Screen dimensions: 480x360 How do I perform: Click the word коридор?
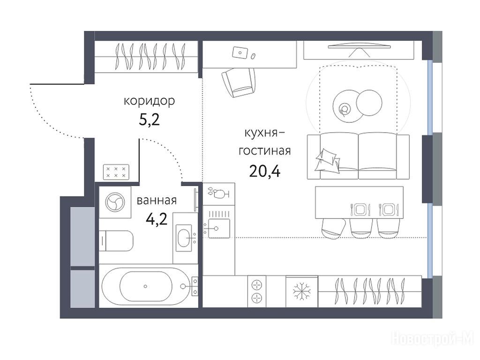[x=149, y=101]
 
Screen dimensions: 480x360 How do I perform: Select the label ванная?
[x=157, y=201]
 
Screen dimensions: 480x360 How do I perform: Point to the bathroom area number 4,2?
[x=157, y=219]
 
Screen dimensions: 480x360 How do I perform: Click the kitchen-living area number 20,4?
[x=265, y=171]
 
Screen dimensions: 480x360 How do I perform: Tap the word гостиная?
[x=265, y=151]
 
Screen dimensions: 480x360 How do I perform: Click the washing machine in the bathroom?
[x=115, y=202]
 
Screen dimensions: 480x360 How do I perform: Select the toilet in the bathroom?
[x=116, y=240]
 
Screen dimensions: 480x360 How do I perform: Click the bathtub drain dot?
[x=145, y=286]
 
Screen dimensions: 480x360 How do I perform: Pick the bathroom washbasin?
[x=184, y=236]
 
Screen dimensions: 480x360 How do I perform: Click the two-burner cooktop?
[x=257, y=291]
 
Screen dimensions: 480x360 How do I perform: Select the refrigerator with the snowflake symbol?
[x=302, y=291]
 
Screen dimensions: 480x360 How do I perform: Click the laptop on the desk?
[x=240, y=52]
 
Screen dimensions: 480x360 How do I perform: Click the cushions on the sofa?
[x=328, y=160]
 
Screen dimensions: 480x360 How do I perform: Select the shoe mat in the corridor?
[x=116, y=172]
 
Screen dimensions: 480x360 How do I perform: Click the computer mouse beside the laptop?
[x=253, y=56]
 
